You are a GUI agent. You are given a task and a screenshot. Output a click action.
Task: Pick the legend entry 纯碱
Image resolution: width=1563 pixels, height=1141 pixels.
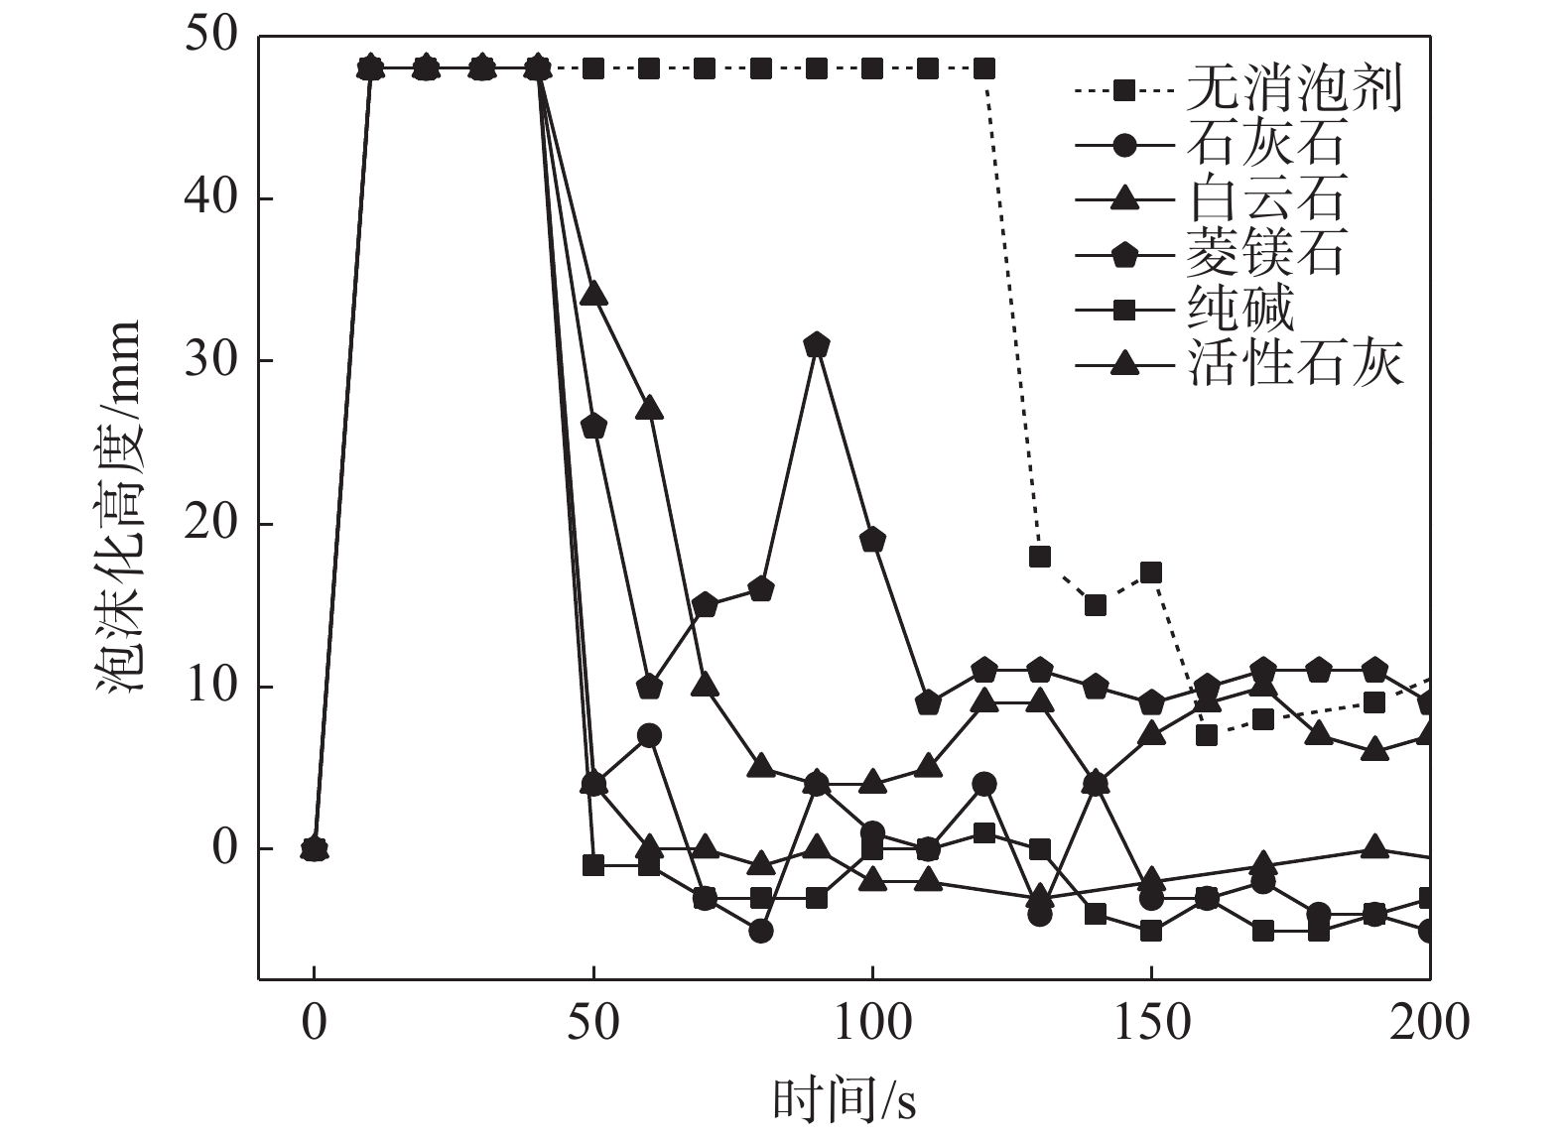point(1239,311)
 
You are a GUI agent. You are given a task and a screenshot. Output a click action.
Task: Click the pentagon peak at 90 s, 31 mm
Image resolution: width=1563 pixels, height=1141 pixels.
point(817,345)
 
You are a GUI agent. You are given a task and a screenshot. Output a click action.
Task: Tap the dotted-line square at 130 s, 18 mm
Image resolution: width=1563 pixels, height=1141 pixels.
point(1040,557)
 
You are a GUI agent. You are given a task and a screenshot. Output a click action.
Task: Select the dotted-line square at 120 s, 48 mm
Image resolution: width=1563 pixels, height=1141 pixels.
point(984,68)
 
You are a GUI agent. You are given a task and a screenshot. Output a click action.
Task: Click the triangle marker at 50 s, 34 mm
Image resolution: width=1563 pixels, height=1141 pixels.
point(593,295)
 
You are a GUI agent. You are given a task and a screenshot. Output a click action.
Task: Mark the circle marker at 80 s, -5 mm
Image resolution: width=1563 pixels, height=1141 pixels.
point(761,931)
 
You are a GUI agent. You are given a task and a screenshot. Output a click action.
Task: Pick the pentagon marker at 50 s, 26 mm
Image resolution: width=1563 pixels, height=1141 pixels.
point(593,427)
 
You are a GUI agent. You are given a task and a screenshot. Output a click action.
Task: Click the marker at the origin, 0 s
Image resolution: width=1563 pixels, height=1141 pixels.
point(315,849)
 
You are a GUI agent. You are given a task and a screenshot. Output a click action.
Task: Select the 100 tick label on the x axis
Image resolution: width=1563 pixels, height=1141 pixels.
point(872,1022)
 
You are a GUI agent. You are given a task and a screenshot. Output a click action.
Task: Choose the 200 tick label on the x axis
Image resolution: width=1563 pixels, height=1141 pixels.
point(1430,1022)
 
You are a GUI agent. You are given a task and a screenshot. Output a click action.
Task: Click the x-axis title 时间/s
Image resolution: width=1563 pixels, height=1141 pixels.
point(844,1100)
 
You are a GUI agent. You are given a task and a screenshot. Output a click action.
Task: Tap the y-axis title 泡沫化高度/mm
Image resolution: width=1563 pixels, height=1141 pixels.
point(119,506)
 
